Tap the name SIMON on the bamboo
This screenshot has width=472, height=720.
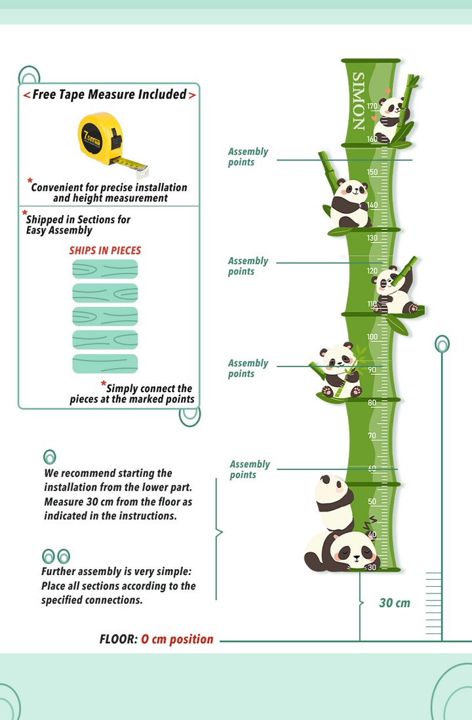358,101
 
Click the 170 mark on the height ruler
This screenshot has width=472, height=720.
372,106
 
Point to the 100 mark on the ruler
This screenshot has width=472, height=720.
372,336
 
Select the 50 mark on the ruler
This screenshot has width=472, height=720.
372,502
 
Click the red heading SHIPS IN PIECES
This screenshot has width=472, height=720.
105,250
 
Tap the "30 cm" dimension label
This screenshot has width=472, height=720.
395,603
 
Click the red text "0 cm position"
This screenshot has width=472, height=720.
177,639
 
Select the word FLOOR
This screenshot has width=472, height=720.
119,639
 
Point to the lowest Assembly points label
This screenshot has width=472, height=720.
250,470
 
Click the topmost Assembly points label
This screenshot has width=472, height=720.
248,157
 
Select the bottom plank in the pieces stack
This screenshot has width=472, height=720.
105,364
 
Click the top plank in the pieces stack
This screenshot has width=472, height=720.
105,269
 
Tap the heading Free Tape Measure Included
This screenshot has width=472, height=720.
109,94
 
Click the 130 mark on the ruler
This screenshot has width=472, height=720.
372,238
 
